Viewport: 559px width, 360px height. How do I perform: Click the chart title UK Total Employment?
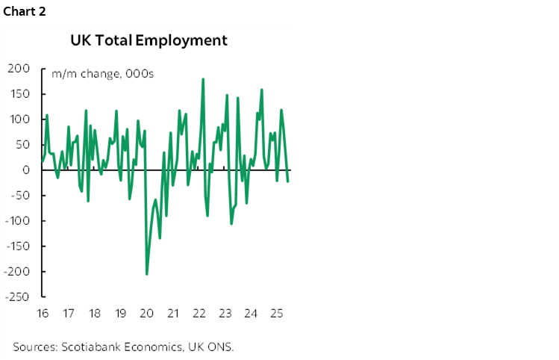click(x=149, y=40)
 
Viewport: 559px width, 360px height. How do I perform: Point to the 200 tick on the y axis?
click(x=19, y=69)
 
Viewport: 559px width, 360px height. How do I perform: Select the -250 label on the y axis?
click(x=17, y=297)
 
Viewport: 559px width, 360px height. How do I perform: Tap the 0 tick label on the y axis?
click(x=26, y=170)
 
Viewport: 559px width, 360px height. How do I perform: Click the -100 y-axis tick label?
click(x=17, y=221)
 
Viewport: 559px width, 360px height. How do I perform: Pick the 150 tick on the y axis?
click(x=20, y=94)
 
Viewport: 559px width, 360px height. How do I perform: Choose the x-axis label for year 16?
click(x=42, y=313)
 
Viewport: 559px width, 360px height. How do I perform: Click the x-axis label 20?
click(x=146, y=313)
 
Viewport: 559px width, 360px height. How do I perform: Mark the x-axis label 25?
click(x=276, y=313)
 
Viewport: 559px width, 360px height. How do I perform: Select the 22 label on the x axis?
click(x=199, y=313)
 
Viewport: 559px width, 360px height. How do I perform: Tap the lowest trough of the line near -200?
click(x=146, y=274)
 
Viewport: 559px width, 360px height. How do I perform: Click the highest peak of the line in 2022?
click(x=203, y=78)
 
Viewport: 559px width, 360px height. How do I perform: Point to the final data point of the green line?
click(x=289, y=181)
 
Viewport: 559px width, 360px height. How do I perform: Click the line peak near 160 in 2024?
click(x=261, y=90)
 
